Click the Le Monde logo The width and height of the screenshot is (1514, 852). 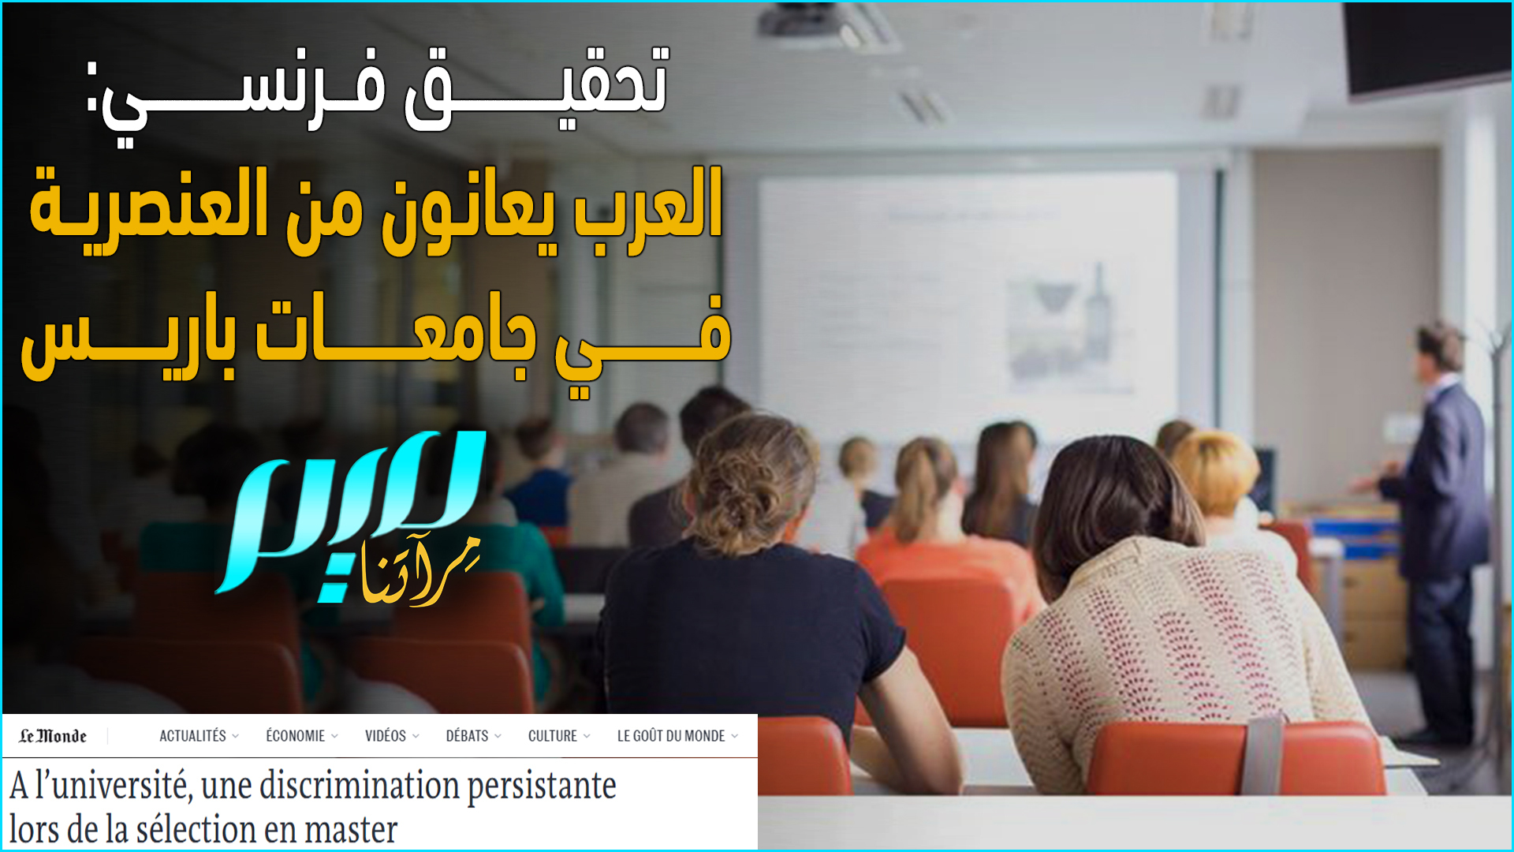(x=53, y=736)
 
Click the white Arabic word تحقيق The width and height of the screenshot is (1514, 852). (x=536, y=87)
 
